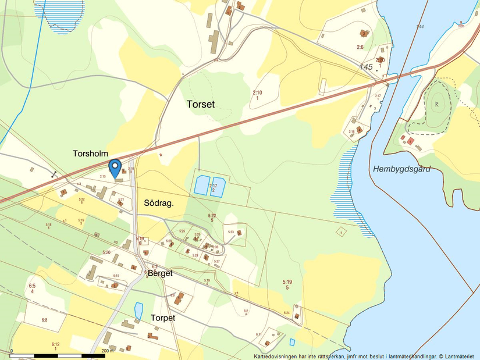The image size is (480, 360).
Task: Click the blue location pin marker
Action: coord(115,168)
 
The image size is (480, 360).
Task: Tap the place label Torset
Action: coord(201,105)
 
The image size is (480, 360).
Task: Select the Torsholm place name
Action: coord(91,154)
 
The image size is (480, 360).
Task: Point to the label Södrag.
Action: coord(159,203)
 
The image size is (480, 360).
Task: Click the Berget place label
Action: coord(160,272)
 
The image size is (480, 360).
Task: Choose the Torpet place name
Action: coord(163,318)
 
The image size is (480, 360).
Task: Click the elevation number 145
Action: coord(366,67)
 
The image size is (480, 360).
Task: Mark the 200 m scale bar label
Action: coord(106,351)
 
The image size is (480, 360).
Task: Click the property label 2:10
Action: coord(257,92)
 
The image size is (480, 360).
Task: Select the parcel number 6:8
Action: coord(44,320)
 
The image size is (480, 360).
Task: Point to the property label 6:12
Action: coord(55,344)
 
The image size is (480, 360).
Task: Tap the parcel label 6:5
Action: coord(32,286)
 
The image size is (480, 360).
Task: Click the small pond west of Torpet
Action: coord(138,311)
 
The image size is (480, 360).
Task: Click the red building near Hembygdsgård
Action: coord(411,141)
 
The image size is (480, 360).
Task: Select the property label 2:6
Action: coord(360,47)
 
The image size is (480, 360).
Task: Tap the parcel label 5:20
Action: coord(106,252)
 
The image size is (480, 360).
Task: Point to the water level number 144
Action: coord(420,27)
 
